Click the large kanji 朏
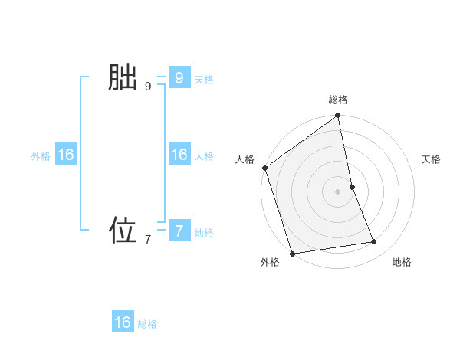122,78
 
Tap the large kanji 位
122,230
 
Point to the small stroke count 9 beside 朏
148,87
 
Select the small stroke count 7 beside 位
148,240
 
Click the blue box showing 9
179,78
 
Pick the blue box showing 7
179,230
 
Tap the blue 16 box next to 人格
179,155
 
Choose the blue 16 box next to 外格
66,155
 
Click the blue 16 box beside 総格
123,322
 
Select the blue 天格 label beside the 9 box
204,80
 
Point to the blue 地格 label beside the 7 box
204,233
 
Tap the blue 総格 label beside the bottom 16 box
147,324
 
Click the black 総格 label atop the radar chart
338,100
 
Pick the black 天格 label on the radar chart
432,159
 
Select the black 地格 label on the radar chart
402,262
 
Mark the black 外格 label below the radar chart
270,262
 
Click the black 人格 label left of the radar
245,159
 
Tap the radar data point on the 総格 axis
338,116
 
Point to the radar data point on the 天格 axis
352,187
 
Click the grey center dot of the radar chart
338,191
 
